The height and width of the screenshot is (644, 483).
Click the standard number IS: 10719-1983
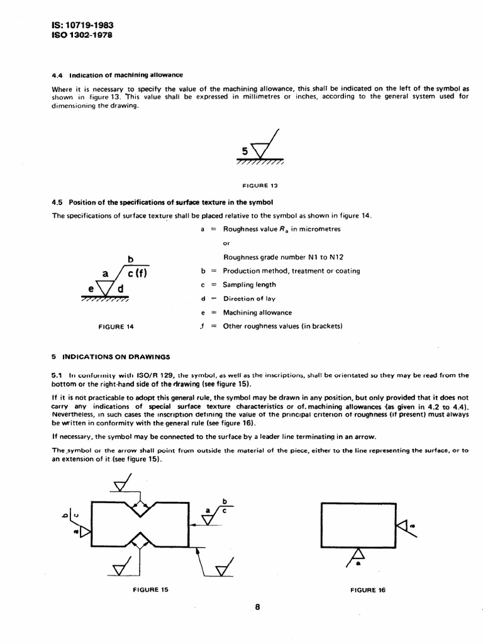point(82,25)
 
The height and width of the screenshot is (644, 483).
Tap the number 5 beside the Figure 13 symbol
point(245,150)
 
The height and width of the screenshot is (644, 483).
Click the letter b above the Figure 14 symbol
point(131,258)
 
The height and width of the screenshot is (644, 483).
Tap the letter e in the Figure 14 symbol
point(91,289)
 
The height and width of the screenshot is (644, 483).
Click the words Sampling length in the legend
point(249,285)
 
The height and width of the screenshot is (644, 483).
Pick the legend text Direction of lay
point(249,299)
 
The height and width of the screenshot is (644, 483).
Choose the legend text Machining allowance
point(257,313)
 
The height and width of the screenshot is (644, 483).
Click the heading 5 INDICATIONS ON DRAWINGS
point(111,357)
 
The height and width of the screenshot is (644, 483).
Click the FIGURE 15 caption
point(151,589)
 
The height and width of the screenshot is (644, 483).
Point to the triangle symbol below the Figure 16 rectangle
point(358,555)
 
